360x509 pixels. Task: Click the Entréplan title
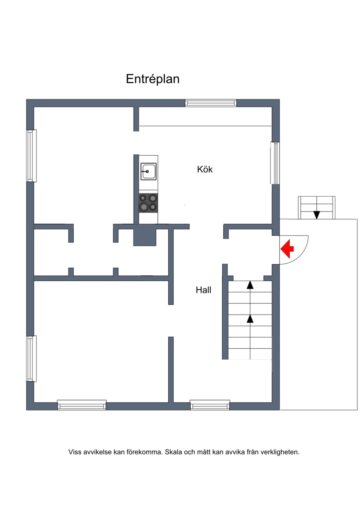point(153,79)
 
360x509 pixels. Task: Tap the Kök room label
point(205,169)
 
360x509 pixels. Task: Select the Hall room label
point(203,290)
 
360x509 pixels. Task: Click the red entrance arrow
point(287,249)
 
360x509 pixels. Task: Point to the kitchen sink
point(148,171)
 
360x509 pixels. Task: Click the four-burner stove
point(148,203)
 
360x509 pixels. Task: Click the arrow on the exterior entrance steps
point(316,215)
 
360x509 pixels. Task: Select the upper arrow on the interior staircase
point(250,285)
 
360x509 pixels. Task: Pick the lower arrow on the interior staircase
point(250,319)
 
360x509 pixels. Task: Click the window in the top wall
point(211,103)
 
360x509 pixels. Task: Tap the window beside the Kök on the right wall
point(275,163)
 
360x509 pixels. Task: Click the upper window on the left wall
point(31,156)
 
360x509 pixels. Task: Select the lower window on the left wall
point(31,358)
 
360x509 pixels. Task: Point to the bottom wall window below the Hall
point(210,405)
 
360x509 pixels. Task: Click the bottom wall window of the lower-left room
point(82,405)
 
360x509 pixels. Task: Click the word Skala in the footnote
point(173,452)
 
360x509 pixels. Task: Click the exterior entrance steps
point(316,208)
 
